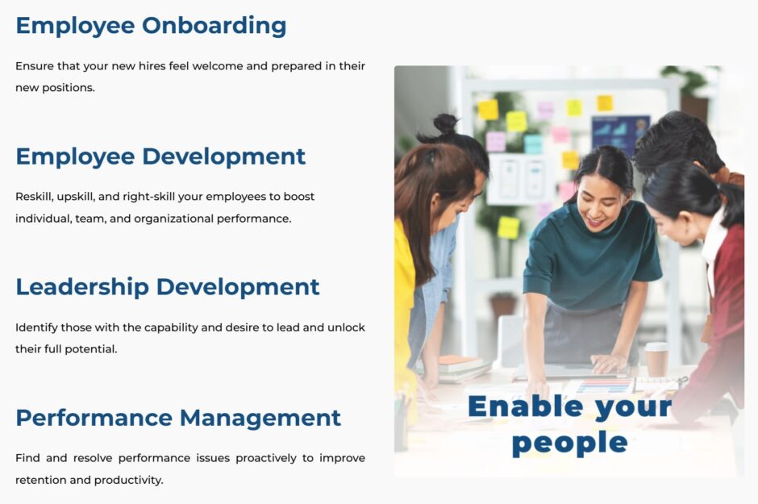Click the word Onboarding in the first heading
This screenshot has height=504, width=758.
tap(214, 26)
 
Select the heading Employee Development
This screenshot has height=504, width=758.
tap(160, 156)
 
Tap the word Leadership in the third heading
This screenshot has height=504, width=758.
tap(81, 287)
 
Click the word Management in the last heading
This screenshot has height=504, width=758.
tap(260, 418)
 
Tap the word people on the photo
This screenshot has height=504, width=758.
tap(569, 442)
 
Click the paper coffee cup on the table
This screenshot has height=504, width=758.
tap(656, 359)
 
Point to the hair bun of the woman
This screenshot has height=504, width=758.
tap(444, 123)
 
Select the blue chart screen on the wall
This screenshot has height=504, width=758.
tap(619, 135)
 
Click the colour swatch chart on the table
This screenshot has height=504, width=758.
tap(605, 385)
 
